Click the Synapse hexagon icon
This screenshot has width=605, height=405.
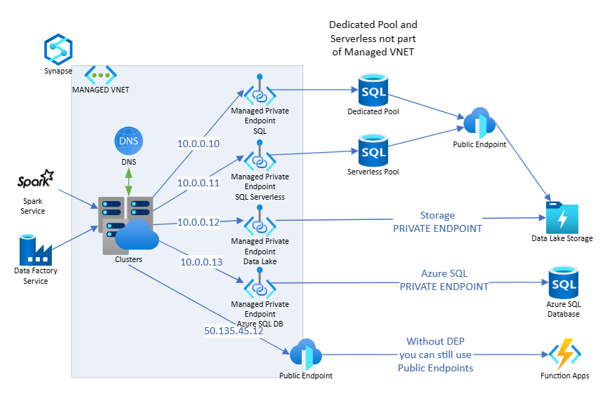click(x=59, y=49)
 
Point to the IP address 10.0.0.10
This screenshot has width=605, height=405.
click(x=198, y=144)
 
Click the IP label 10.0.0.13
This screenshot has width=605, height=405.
click(x=202, y=262)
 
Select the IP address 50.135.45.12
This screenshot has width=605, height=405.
click(x=234, y=331)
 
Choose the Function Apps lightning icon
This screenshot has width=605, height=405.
click(x=564, y=355)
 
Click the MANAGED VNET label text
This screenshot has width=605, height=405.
click(x=101, y=90)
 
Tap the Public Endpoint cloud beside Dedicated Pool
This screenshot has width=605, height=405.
click(x=479, y=123)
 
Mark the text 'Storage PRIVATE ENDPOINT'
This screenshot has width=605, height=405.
click(x=437, y=222)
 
